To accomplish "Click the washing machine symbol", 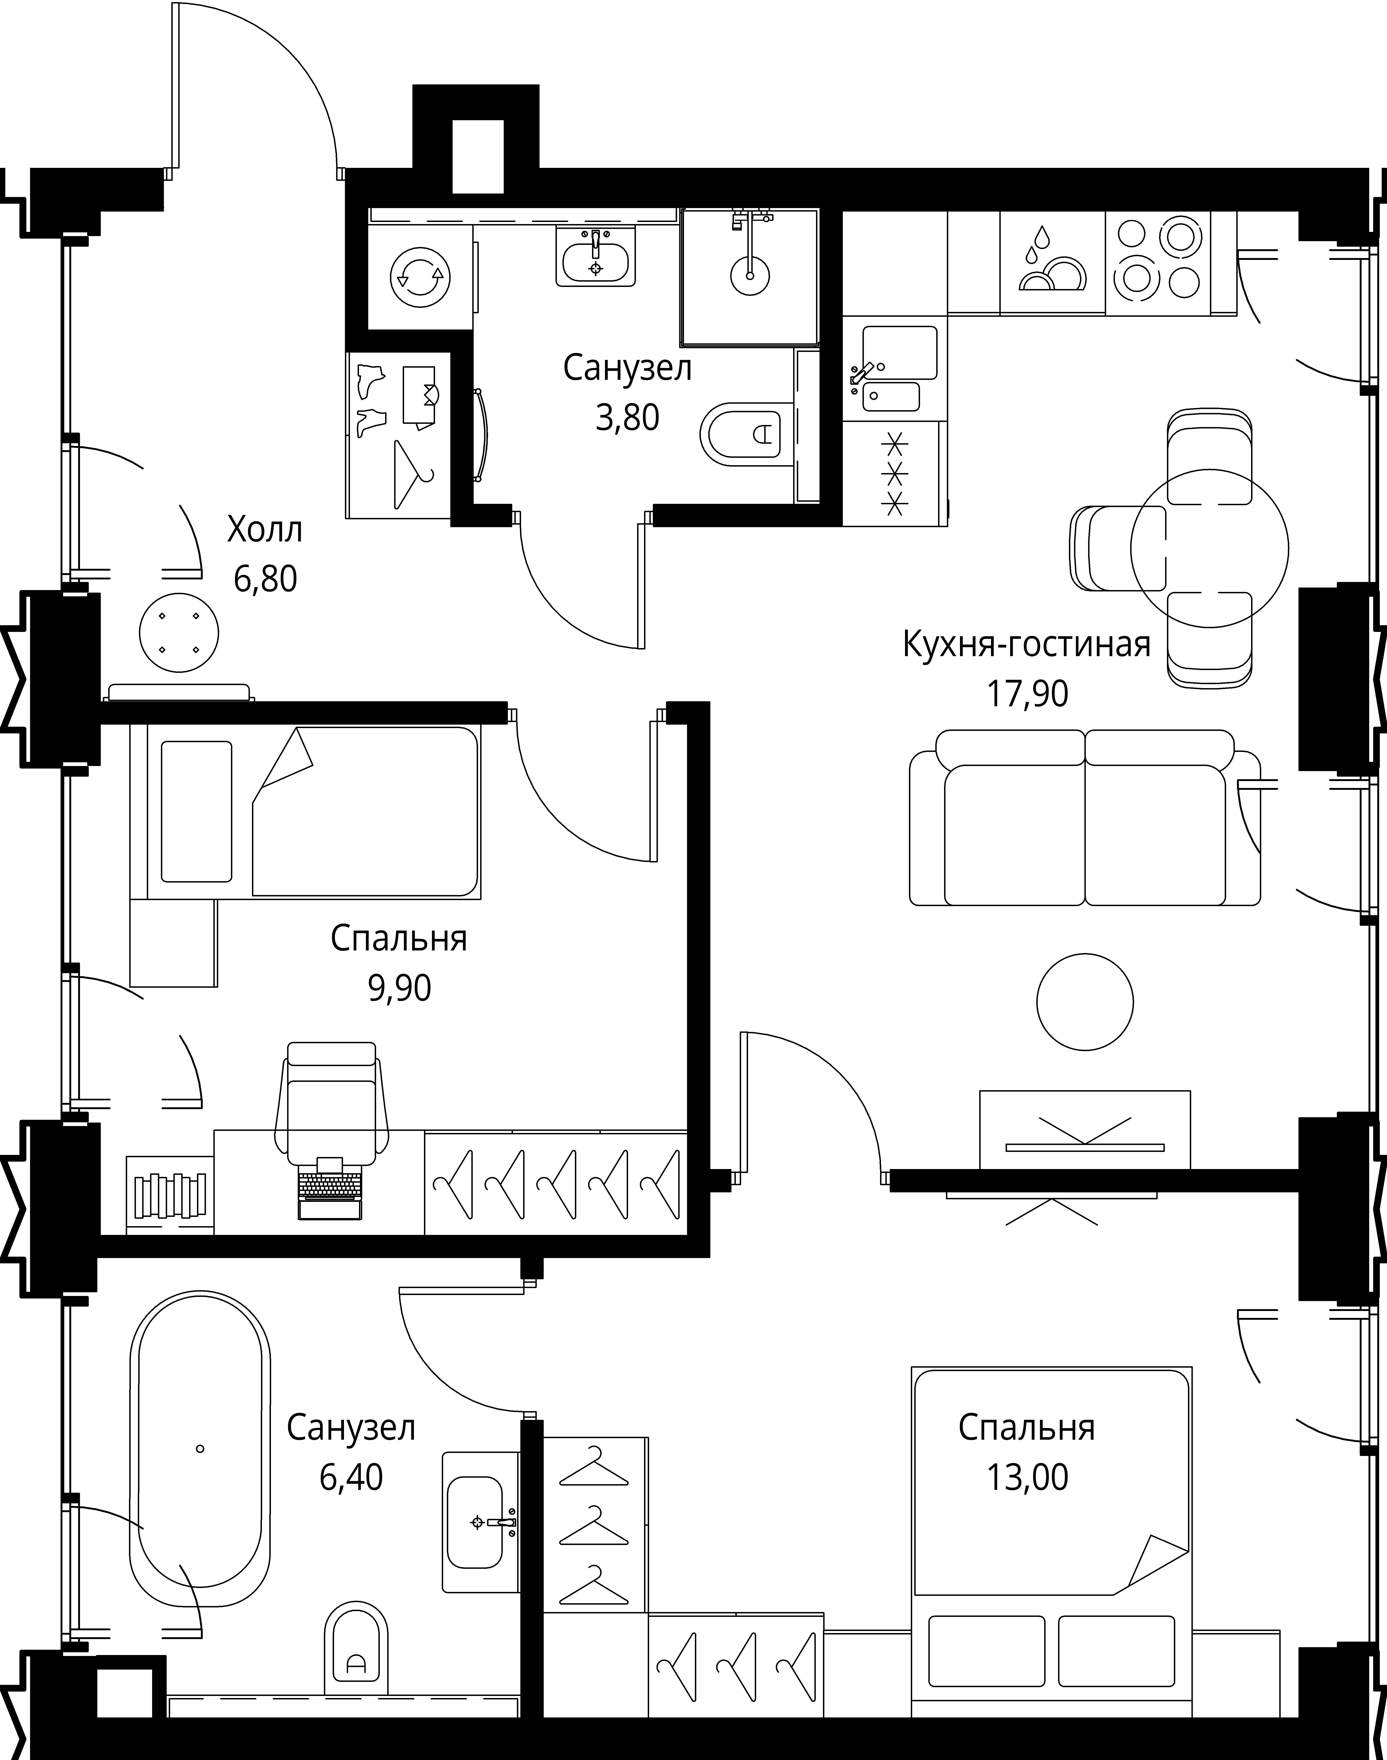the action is pos(420,278).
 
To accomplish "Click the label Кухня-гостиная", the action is pos(1026,645).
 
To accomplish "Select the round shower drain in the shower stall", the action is pos(749,274).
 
